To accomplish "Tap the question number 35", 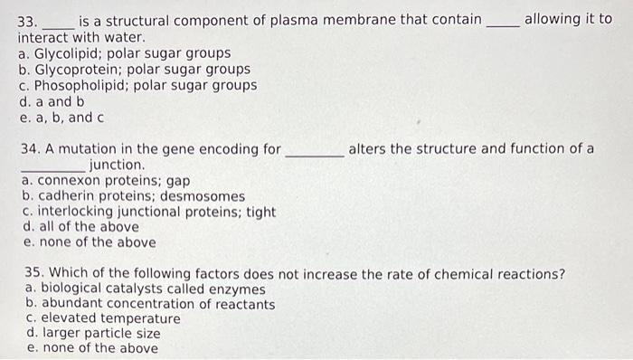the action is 34,273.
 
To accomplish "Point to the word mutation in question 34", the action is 91,149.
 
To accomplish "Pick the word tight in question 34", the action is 260,212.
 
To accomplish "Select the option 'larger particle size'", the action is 94,334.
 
